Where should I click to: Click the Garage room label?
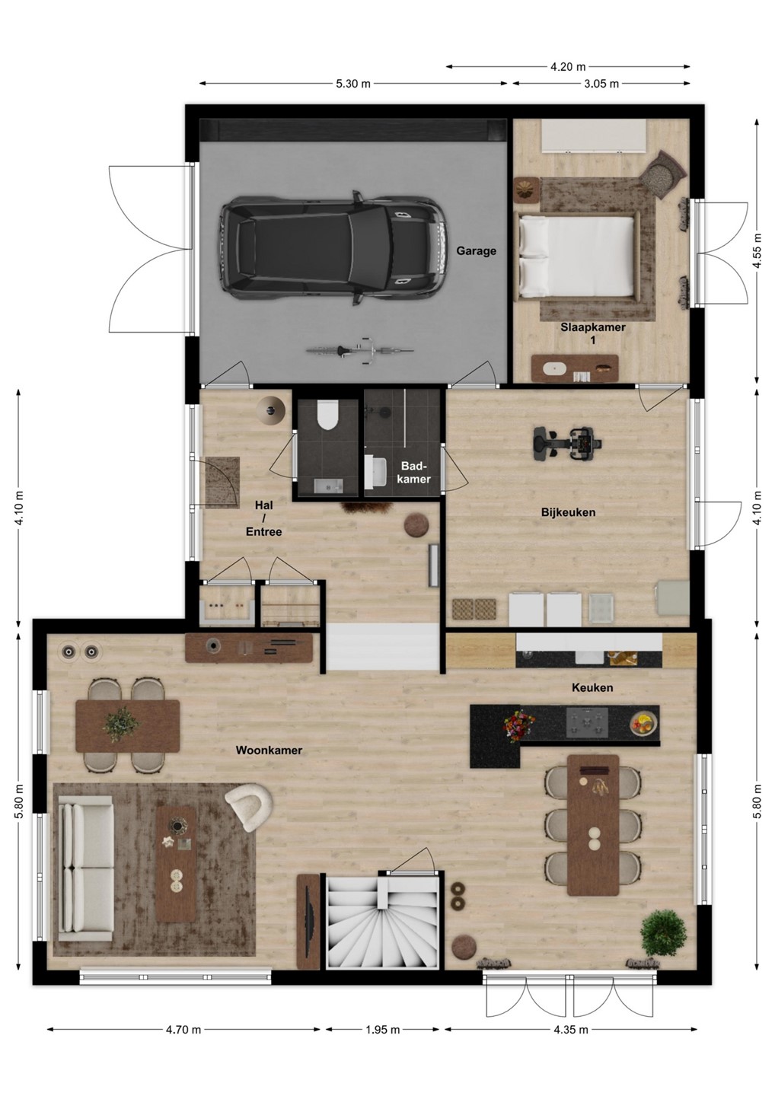point(476,251)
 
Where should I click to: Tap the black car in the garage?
point(333,249)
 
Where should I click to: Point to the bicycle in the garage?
point(360,349)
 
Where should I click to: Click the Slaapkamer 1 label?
point(593,333)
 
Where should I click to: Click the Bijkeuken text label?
point(568,512)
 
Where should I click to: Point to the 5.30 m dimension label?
point(352,84)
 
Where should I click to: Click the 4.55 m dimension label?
point(757,250)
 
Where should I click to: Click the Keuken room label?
point(592,687)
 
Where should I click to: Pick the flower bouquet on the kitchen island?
point(518,723)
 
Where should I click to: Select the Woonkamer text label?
point(269,750)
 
